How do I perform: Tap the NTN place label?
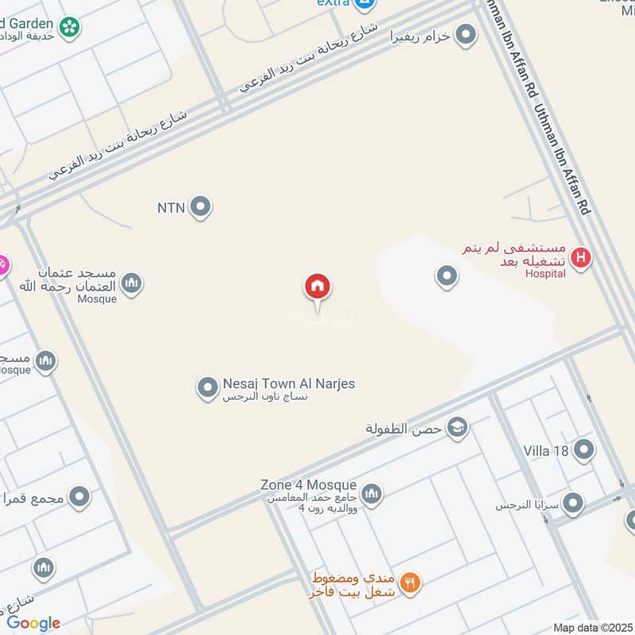(x=171, y=208)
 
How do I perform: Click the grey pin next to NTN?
(x=201, y=207)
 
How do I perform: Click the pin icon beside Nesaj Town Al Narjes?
(x=207, y=388)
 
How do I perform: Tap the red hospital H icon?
(x=581, y=257)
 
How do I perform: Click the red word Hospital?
(x=545, y=274)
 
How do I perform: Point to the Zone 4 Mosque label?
(x=308, y=485)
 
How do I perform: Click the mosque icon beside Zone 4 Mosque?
(x=371, y=495)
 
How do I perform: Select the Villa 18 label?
(x=546, y=451)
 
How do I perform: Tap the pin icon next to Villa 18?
(x=584, y=450)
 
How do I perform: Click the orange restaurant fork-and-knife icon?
(x=410, y=583)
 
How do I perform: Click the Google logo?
(x=33, y=623)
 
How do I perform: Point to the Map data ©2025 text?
(x=591, y=628)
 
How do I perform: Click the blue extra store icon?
(x=364, y=4)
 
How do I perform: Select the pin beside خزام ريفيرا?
(x=466, y=36)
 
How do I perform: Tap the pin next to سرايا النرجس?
(x=572, y=504)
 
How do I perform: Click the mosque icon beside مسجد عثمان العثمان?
(x=131, y=283)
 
